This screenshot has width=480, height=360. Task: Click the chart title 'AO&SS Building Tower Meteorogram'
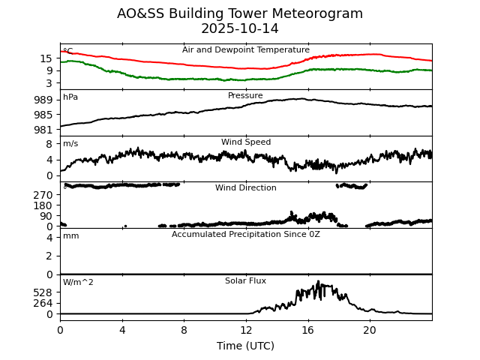[x=240, y=13]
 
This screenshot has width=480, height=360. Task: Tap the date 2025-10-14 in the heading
[x=240, y=28]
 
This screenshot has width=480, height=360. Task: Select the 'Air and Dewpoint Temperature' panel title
[x=245, y=50]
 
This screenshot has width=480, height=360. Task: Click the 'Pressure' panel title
[x=245, y=96]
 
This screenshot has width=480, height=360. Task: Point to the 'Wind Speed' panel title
[x=245, y=142]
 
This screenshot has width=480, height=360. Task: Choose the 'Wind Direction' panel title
[x=245, y=188]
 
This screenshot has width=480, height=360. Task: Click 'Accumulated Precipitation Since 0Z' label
[x=245, y=235]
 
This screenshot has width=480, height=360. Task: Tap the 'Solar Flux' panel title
[x=245, y=281]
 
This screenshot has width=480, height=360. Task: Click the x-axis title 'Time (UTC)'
[x=245, y=346]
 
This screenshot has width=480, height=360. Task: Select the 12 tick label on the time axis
[x=246, y=331]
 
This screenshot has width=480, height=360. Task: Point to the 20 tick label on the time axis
[x=370, y=331]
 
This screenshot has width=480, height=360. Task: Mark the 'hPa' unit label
[x=70, y=97]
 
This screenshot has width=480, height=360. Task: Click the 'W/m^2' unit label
[x=78, y=283]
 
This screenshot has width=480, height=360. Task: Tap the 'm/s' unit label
[x=70, y=144]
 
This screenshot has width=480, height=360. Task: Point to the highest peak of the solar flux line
[x=318, y=282]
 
